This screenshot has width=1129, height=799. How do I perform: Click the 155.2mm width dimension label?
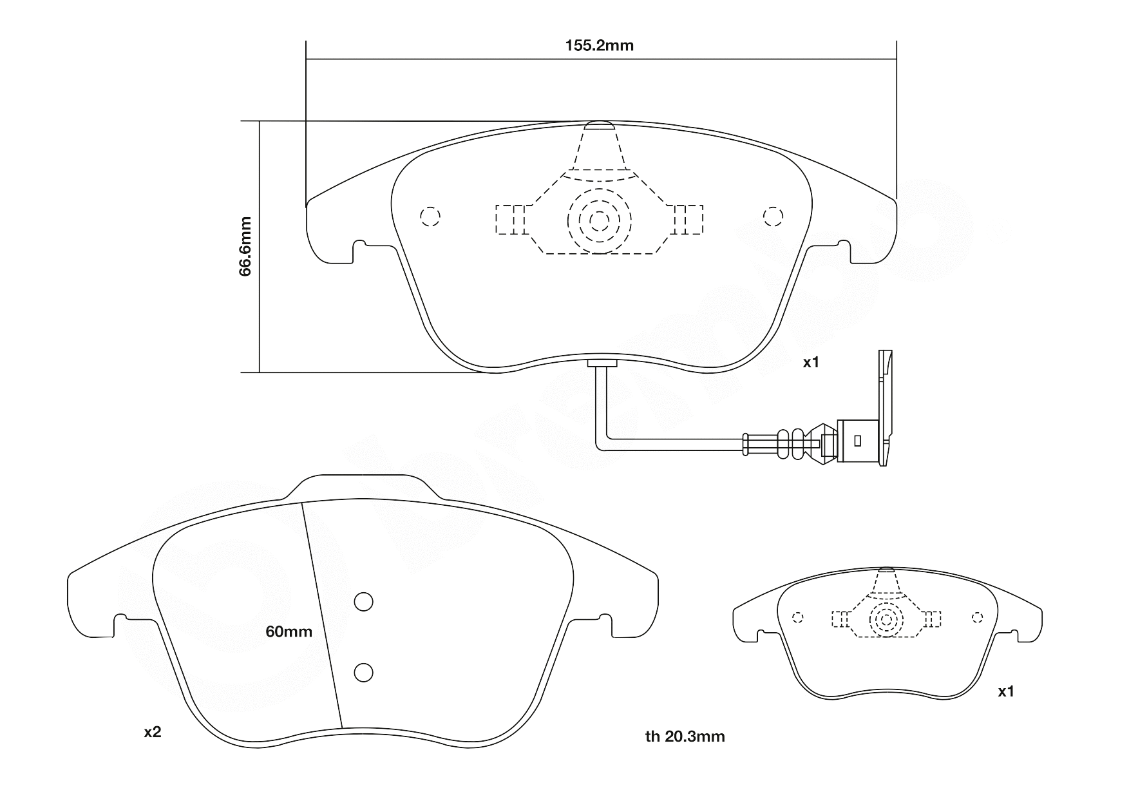(x=599, y=46)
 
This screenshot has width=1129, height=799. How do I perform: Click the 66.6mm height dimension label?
(x=245, y=247)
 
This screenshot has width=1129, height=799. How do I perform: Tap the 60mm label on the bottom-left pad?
(x=289, y=632)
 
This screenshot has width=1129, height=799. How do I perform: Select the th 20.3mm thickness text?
(x=685, y=736)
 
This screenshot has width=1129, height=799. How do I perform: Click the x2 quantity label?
(x=152, y=733)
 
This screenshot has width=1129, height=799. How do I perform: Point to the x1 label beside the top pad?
(x=810, y=363)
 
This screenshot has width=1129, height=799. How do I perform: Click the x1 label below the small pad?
(x=1005, y=692)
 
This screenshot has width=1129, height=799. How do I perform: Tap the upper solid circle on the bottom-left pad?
(x=364, y=602)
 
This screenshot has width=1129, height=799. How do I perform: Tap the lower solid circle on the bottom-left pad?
(x=364, y=673)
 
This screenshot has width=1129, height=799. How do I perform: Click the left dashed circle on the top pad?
(x=430, y=217)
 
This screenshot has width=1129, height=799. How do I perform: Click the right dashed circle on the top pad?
(x=772, y=217)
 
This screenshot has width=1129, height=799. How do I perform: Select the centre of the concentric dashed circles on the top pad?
(x=599, y=221)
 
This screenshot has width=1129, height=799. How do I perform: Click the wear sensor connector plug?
(x=858, y=441)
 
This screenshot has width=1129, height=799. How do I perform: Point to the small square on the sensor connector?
(x=857, y=441)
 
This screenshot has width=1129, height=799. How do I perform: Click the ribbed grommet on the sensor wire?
(x=791, y=443)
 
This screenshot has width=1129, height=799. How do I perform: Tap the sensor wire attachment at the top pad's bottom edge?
(x=602, y=363)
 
